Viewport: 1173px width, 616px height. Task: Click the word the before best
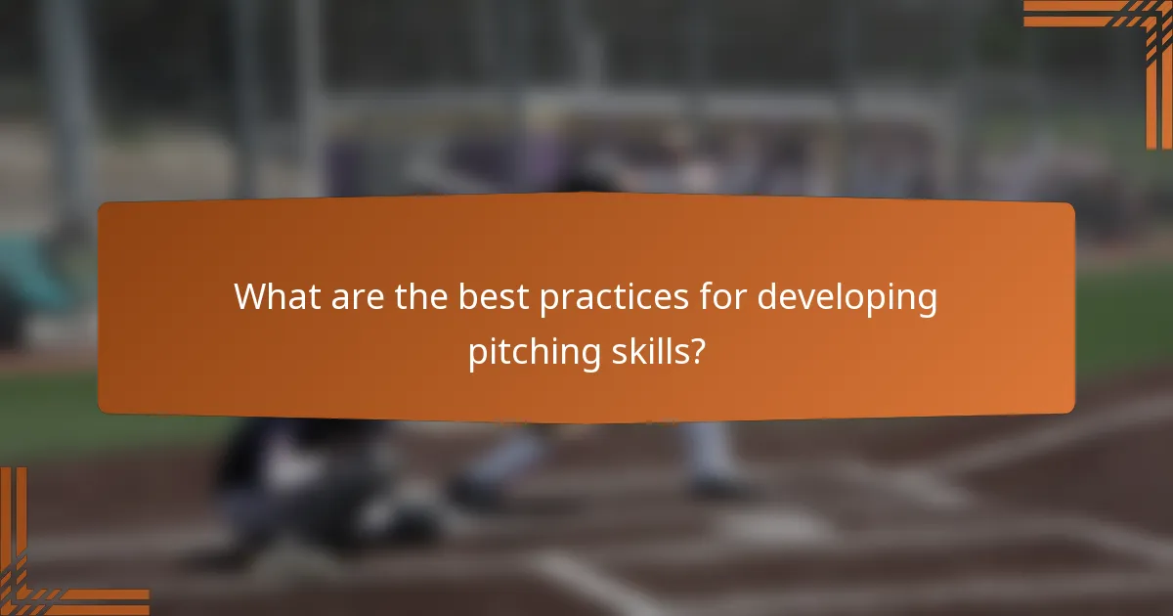(x=424, y=297)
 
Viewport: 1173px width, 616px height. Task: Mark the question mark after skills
(x=696, y=352)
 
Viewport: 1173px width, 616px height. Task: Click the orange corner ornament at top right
(x=1124, y=39)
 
